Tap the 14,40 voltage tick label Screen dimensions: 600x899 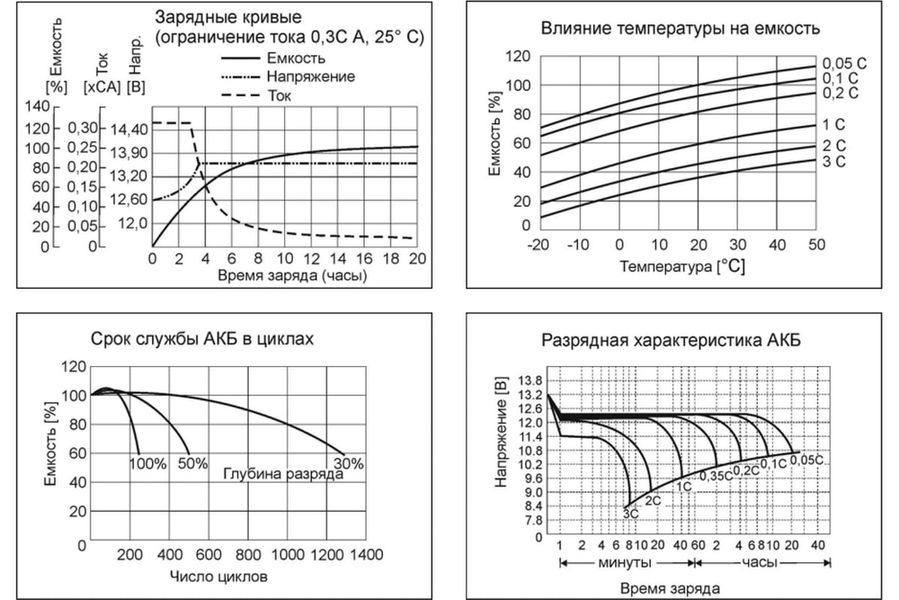pyautogui.click(x=127, y=130)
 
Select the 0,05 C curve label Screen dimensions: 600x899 pyautogui.click(x=845, y=63)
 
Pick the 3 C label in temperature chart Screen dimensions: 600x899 pyautogui.click(x=834, y=162)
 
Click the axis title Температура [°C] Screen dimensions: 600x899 pyautogui.click(x=681, y=266)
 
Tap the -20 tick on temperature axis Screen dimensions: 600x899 pyautogui.click(x=538, y=246)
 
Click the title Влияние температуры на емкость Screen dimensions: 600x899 pyautogui.click(x=681, y=28)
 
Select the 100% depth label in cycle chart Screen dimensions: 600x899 pyautogui.click(x=147, y=464)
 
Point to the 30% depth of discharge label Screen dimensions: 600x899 pyautogui.click(x=349, y=464)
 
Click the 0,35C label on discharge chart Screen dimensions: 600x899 pyautogui.click(x=717, y=475)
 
